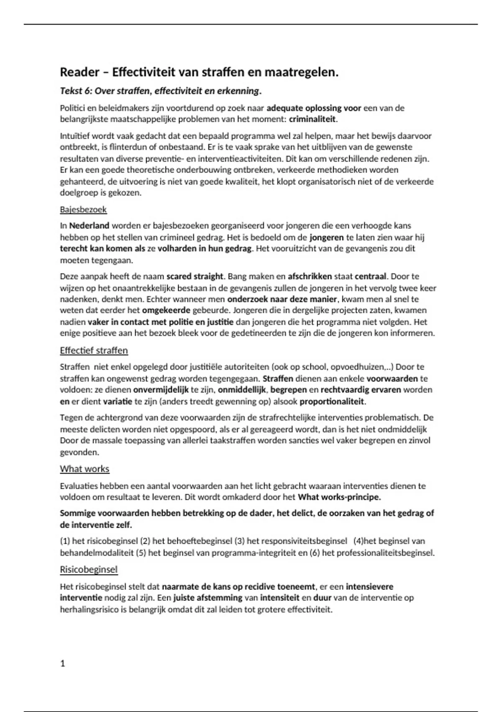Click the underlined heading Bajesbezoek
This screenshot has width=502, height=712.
click(x=83, y=209)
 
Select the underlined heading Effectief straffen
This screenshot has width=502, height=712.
click(x=94, y=351)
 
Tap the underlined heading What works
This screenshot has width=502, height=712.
click(x=85, y=469)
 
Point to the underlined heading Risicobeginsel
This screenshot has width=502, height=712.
click(x=89, y=570)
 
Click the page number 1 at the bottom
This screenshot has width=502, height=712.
click(x=63, y=663)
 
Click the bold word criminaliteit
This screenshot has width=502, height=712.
click(x=312, y=119)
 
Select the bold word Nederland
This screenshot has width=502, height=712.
click(x=90, y=226)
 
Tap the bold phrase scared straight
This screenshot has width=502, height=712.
click(x=195, y=276)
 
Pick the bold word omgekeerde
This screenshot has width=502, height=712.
click(x=166, y=310)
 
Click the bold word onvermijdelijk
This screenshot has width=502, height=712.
click(x=161, y=390)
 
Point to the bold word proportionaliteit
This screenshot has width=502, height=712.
click(x=333, y=402)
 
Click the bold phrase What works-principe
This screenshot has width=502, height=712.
click(x=339, y=498)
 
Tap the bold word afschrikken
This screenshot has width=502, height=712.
click(x=310, y=276)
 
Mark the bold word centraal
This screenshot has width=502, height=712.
click(x=370, y=276)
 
